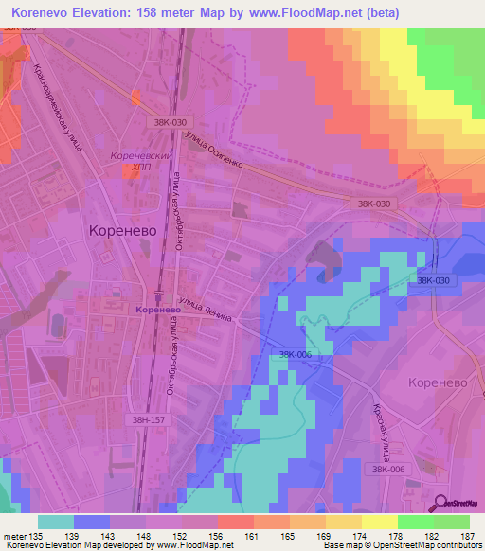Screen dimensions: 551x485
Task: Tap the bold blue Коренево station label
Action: (158, 309)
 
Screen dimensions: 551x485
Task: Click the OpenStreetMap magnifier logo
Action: (441, 504)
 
